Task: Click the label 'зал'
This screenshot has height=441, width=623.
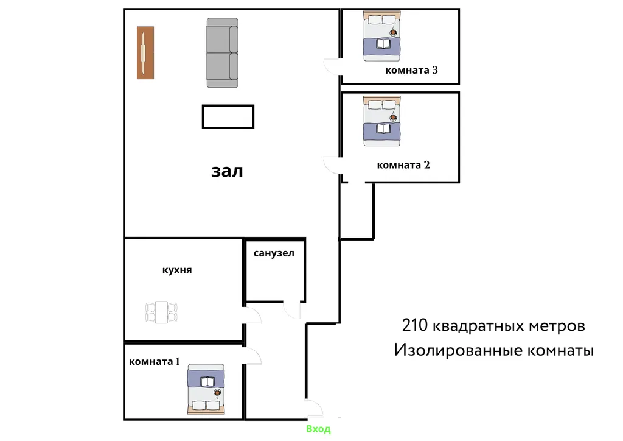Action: click(227, 171)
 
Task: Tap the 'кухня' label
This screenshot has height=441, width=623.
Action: click(177, 270)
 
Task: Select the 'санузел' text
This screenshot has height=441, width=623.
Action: click(274, 253)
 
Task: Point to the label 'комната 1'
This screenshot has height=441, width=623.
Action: click(154, 361)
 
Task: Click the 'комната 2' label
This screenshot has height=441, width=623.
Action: click(403, 165)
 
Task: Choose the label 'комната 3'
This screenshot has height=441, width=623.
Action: click(412, 71)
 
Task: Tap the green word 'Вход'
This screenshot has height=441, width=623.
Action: click(318, 429)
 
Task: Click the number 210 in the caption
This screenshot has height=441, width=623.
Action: click(415, 325)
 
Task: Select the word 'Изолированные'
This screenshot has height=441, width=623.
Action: click(458, 350)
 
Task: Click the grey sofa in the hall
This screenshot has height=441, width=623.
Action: click(222, 53)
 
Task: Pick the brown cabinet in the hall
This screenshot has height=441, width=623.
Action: click(145, 53)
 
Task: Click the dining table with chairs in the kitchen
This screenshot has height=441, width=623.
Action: click(161, 312)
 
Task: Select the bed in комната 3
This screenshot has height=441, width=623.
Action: click(382, 37)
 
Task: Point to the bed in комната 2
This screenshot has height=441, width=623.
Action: click(382, 121)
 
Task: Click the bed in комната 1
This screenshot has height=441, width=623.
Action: click(206, 389)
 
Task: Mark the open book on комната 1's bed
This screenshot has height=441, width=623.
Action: click(207, 382)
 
